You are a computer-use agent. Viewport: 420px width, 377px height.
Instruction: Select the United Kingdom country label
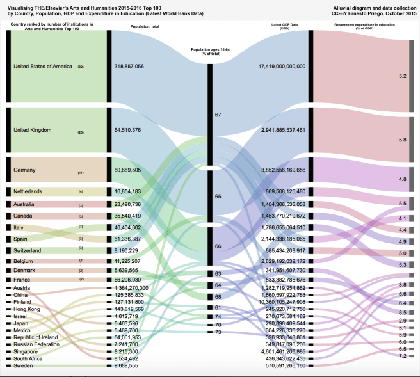(x=33, y=130)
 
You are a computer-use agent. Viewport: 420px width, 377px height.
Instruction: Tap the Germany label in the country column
(x=25, y=171)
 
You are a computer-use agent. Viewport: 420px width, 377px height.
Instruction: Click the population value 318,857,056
(x=138, y=66)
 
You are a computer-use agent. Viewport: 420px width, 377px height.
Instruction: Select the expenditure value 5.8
(x=403, y=139)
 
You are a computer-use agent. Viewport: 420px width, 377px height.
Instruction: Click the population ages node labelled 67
(x=218, y=115)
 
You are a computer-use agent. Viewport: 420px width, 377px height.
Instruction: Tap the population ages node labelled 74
(x=218, y=316)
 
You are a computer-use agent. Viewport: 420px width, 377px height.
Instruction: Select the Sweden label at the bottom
(x=24, y=365)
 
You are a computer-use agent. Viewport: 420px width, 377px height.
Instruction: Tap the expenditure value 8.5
(x=403, y=312)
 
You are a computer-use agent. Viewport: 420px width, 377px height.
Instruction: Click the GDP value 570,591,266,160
(x=282, y=365)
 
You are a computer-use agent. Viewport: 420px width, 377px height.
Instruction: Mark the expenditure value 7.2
(x=403, y=355)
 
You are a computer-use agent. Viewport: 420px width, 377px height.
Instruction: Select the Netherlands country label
(x=29, y=191)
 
